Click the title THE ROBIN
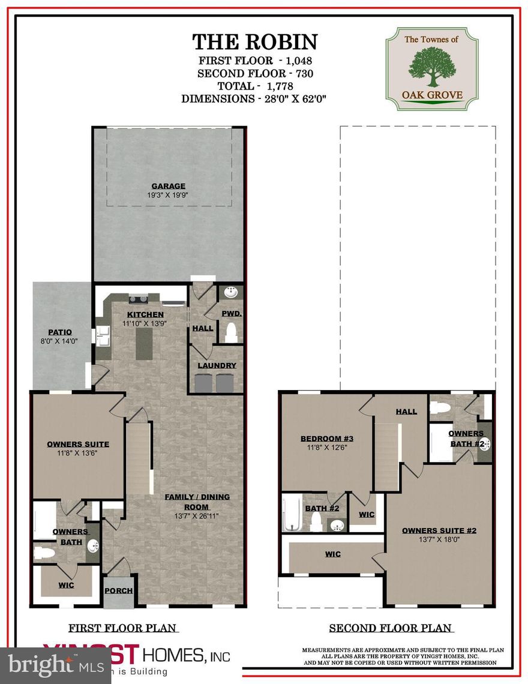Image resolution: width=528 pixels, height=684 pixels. point(254,42)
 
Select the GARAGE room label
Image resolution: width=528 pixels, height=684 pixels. point(168,186)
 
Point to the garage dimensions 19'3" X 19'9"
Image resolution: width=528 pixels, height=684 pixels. point(168,196)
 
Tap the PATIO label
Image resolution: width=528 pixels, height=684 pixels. point(60,332)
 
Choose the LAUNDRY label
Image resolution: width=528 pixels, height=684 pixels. point(217,365)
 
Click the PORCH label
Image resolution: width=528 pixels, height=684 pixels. point(118,590)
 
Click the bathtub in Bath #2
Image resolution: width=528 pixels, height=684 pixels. point(292,514)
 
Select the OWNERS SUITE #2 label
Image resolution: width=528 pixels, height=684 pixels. point(439,530)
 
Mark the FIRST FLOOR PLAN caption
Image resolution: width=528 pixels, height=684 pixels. point(122,628)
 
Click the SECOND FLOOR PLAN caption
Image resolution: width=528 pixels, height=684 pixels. point(390,628)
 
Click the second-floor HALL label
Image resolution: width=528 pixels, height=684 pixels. point(406,412)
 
